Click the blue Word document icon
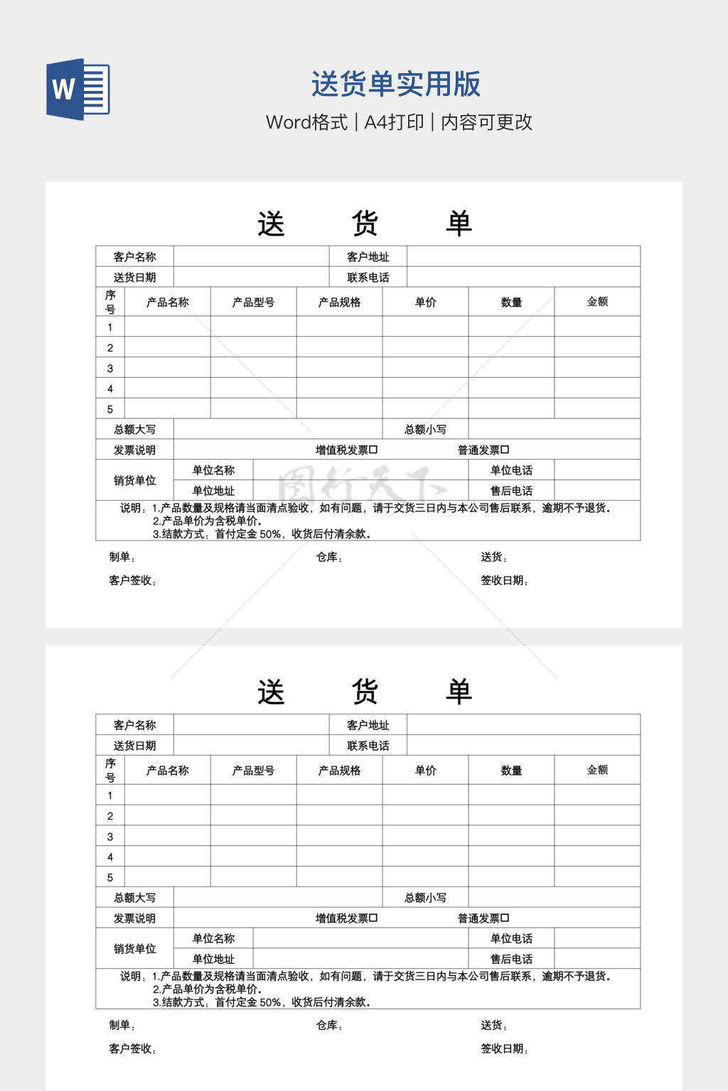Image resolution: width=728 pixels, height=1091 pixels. coord(78,89)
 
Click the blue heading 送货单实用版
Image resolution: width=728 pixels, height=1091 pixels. coord(396,84)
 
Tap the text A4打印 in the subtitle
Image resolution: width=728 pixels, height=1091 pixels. coord(394,122)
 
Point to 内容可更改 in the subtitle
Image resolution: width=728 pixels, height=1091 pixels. coord(486,122)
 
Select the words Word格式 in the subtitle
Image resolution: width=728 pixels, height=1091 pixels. coord(306,122)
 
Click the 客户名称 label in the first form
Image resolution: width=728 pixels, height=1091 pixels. coord(134,256)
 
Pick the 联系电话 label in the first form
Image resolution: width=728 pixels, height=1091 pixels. coord(368,277)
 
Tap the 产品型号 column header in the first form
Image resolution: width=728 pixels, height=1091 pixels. coord(253,302)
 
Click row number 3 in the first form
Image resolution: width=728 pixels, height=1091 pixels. coord(110,368)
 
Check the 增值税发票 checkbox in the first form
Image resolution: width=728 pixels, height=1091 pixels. coord(374,450)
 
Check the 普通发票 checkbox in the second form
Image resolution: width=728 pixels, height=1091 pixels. coord(505,918)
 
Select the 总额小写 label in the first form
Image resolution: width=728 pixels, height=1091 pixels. coord(425,429)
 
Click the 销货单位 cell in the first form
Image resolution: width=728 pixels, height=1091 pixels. coord(134,480)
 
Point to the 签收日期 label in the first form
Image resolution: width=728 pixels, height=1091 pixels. coord(504,580)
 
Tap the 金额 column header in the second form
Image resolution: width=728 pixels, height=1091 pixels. coord(597,769)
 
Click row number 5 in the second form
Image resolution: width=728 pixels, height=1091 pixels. coord(110,877)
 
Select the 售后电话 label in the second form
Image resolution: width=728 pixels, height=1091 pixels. coord(511,959)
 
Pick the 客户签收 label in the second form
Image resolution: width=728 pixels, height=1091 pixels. coord(132,1048)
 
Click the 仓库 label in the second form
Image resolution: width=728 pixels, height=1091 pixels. coord(328,1025)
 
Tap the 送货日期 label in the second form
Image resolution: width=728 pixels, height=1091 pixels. coord(134,745)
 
